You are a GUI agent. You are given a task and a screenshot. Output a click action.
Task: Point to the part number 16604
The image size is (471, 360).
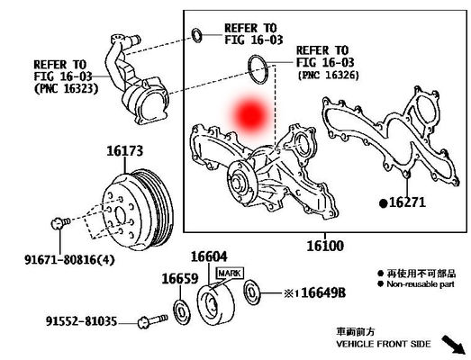click(x=210, y=256)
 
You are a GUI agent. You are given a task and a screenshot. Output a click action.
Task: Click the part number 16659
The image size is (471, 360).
click(x=178, y=279)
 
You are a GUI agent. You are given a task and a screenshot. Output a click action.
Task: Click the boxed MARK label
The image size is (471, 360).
click(x=229, y=272)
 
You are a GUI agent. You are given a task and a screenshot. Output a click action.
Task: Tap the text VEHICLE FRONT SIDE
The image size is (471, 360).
click(x=385, y=344)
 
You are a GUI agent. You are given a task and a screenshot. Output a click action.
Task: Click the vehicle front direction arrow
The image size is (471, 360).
click(x=452, y=344)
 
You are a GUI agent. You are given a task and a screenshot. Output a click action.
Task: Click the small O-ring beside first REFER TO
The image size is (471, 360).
click(x=197, y=36)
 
